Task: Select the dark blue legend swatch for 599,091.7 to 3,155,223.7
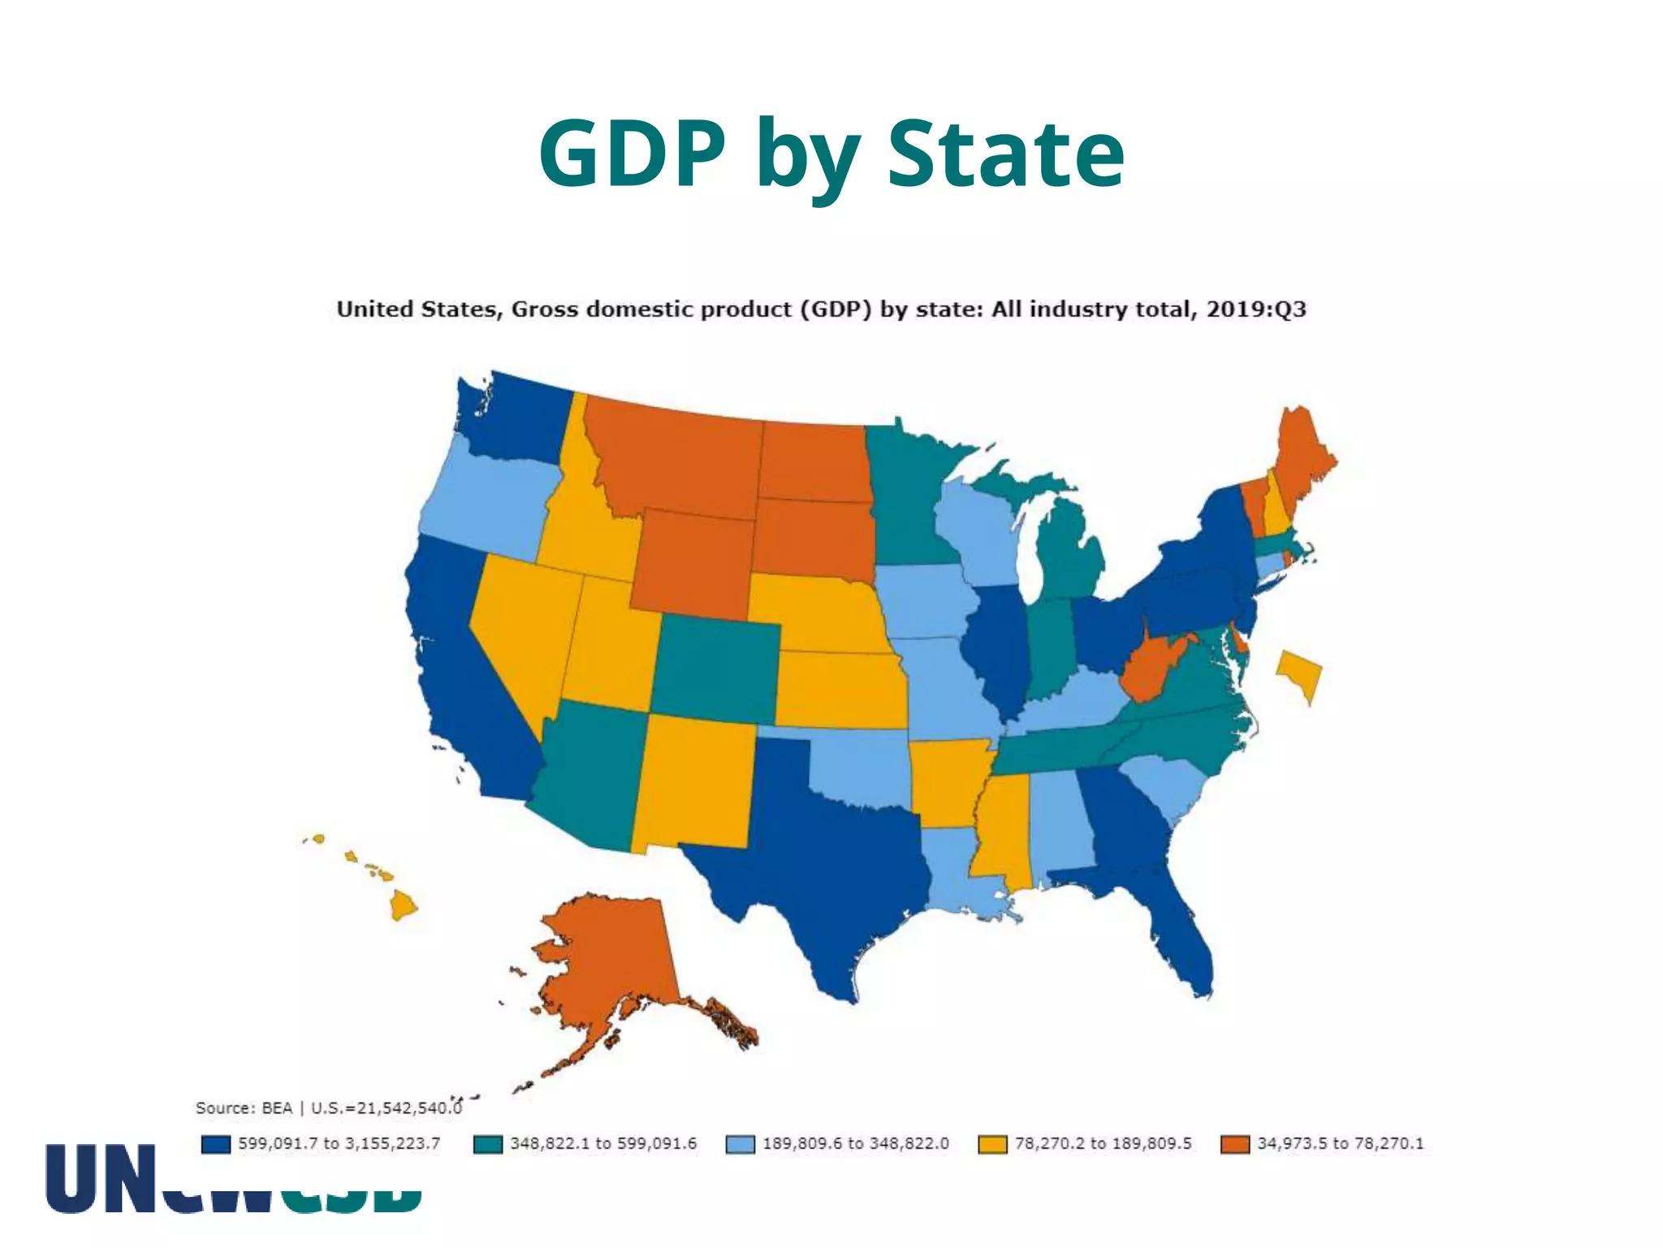pyautogui.click(x=216, y=1144)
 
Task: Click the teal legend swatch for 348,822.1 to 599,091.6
pyautogui.click(x=488, y=1144)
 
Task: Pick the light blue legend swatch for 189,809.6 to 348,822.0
pyautogui.click(x=740, y=1144)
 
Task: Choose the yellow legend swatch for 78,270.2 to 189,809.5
pyautogui.click(x=992, y=1144)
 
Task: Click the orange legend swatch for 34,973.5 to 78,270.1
pyautogui.click(x=1235, y=1144)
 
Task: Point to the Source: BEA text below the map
pyautogui.click(x=244, y=1108)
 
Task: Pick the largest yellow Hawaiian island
pyautogui.click(x=403, y=904)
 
